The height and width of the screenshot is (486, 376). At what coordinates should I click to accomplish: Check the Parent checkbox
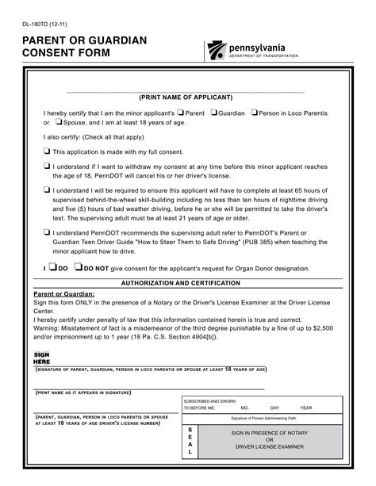click(182, 113)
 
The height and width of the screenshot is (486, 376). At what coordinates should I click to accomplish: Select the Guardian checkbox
click(217, 113)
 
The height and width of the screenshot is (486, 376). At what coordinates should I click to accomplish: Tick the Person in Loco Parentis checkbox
click(255, 113)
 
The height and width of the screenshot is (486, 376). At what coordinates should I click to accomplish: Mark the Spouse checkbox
click(58, 123)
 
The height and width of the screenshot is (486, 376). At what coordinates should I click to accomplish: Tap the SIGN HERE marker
click(41, 358)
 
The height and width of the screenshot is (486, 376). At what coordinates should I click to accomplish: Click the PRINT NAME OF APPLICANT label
click(186, 97)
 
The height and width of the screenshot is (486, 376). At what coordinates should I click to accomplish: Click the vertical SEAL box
click(190, 442)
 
